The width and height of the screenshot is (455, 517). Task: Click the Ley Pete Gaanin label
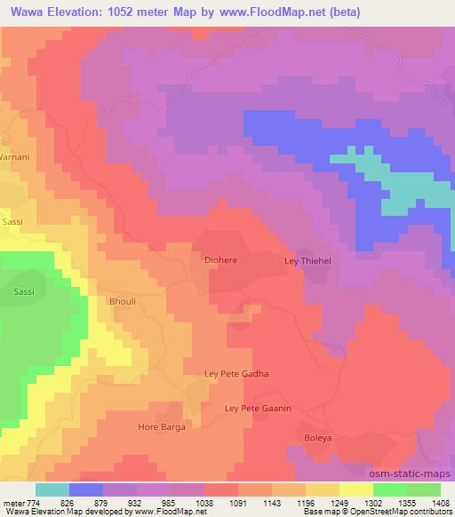259,408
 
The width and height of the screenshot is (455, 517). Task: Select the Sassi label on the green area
24,290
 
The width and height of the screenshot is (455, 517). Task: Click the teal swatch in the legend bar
52,489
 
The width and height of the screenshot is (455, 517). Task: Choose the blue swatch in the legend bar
86,489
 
